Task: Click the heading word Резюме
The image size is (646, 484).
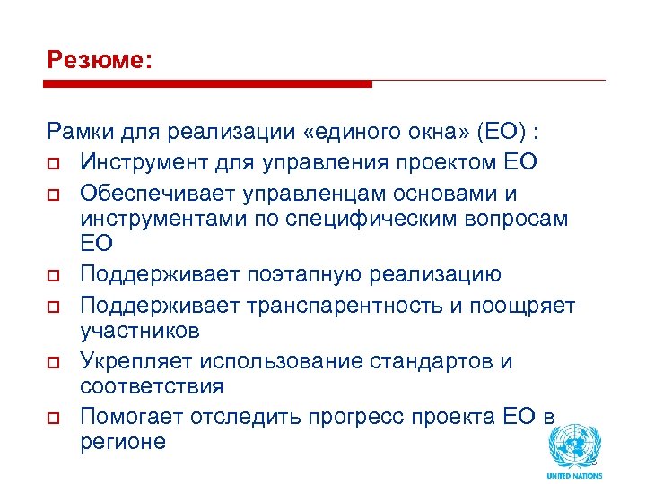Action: (x=99, y=62)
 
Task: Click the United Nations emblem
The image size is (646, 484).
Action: (x=574, y=445)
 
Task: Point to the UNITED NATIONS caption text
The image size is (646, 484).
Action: (x=574, y=475)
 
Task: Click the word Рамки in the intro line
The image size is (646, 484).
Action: (x=78, y=134)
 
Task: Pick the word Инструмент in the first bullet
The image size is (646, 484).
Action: (x=140, y=162)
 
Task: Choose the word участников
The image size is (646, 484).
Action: (x=139, y=331)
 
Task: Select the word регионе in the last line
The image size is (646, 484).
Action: (x=123, y=441)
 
